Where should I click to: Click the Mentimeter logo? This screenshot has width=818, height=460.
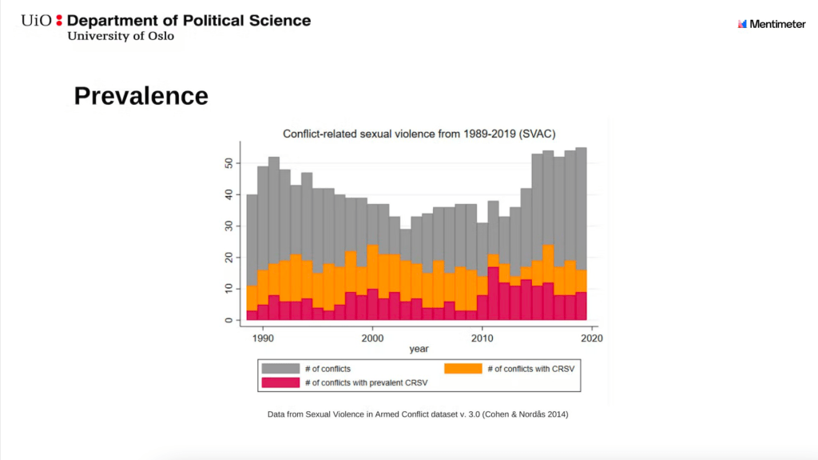coord(771,24)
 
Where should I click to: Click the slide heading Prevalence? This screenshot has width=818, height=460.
coord(141,96)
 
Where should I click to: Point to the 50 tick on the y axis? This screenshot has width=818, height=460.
coord(228,163)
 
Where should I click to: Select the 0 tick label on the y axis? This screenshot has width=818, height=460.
coord(228,320)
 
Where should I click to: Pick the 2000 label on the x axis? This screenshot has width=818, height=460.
coord(371,338)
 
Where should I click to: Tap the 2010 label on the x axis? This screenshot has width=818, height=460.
coord(481,338)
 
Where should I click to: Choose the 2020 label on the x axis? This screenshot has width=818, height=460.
coord(591,338)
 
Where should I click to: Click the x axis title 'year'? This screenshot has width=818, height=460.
coord(419,350)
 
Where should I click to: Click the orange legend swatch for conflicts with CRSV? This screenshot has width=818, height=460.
coord(463,369)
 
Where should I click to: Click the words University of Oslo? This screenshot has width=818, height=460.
coord(120,36)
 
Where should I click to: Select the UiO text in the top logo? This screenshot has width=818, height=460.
coord(38,20)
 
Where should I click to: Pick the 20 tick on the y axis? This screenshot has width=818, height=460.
coord(228,258)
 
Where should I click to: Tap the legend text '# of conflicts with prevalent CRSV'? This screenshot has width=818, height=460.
coord(367,382)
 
